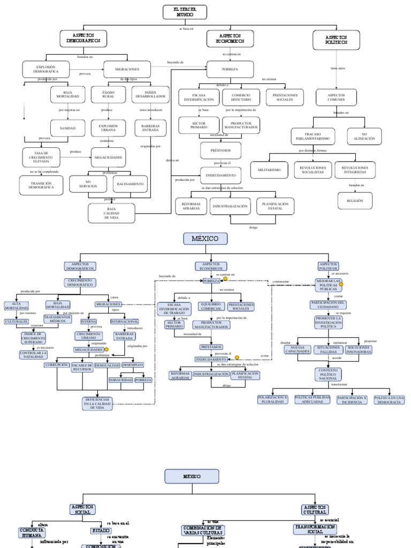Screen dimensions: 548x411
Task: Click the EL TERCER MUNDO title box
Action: pyautogui.click(x=184, y=12)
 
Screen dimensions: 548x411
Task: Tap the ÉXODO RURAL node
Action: pyautogui.click(x=108, y=94)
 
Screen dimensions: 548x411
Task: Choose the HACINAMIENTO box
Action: pyautogui.click(x=130, y=184)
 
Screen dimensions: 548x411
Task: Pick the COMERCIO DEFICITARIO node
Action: pyautogui.click(x=241, y=97)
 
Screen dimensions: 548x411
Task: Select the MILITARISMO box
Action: pyautogui.click(x=269, y=169)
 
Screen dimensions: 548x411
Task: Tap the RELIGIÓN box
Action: pyautogui.click(x=355, y=201)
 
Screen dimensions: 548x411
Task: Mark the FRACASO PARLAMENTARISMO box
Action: pyautogui.click(x=313, y=136)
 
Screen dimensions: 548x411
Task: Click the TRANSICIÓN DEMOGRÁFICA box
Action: pyautogui.click(x=41, y=185)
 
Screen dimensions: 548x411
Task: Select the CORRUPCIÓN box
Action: pyautogui.click(x=57, y=365)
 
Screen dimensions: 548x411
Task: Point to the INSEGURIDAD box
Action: pyautogui.click(x=120, y=379)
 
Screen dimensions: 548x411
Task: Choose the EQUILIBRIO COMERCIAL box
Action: pyautogui.click(x=211, y=306)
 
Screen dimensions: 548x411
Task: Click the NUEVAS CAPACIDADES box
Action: pyautogui.click(x=296, y=349)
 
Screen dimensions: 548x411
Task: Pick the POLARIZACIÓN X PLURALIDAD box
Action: pyautogui.click(x=273, y=399)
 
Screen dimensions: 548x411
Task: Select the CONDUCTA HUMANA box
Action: pyautogui.click(x=32, y=532)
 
